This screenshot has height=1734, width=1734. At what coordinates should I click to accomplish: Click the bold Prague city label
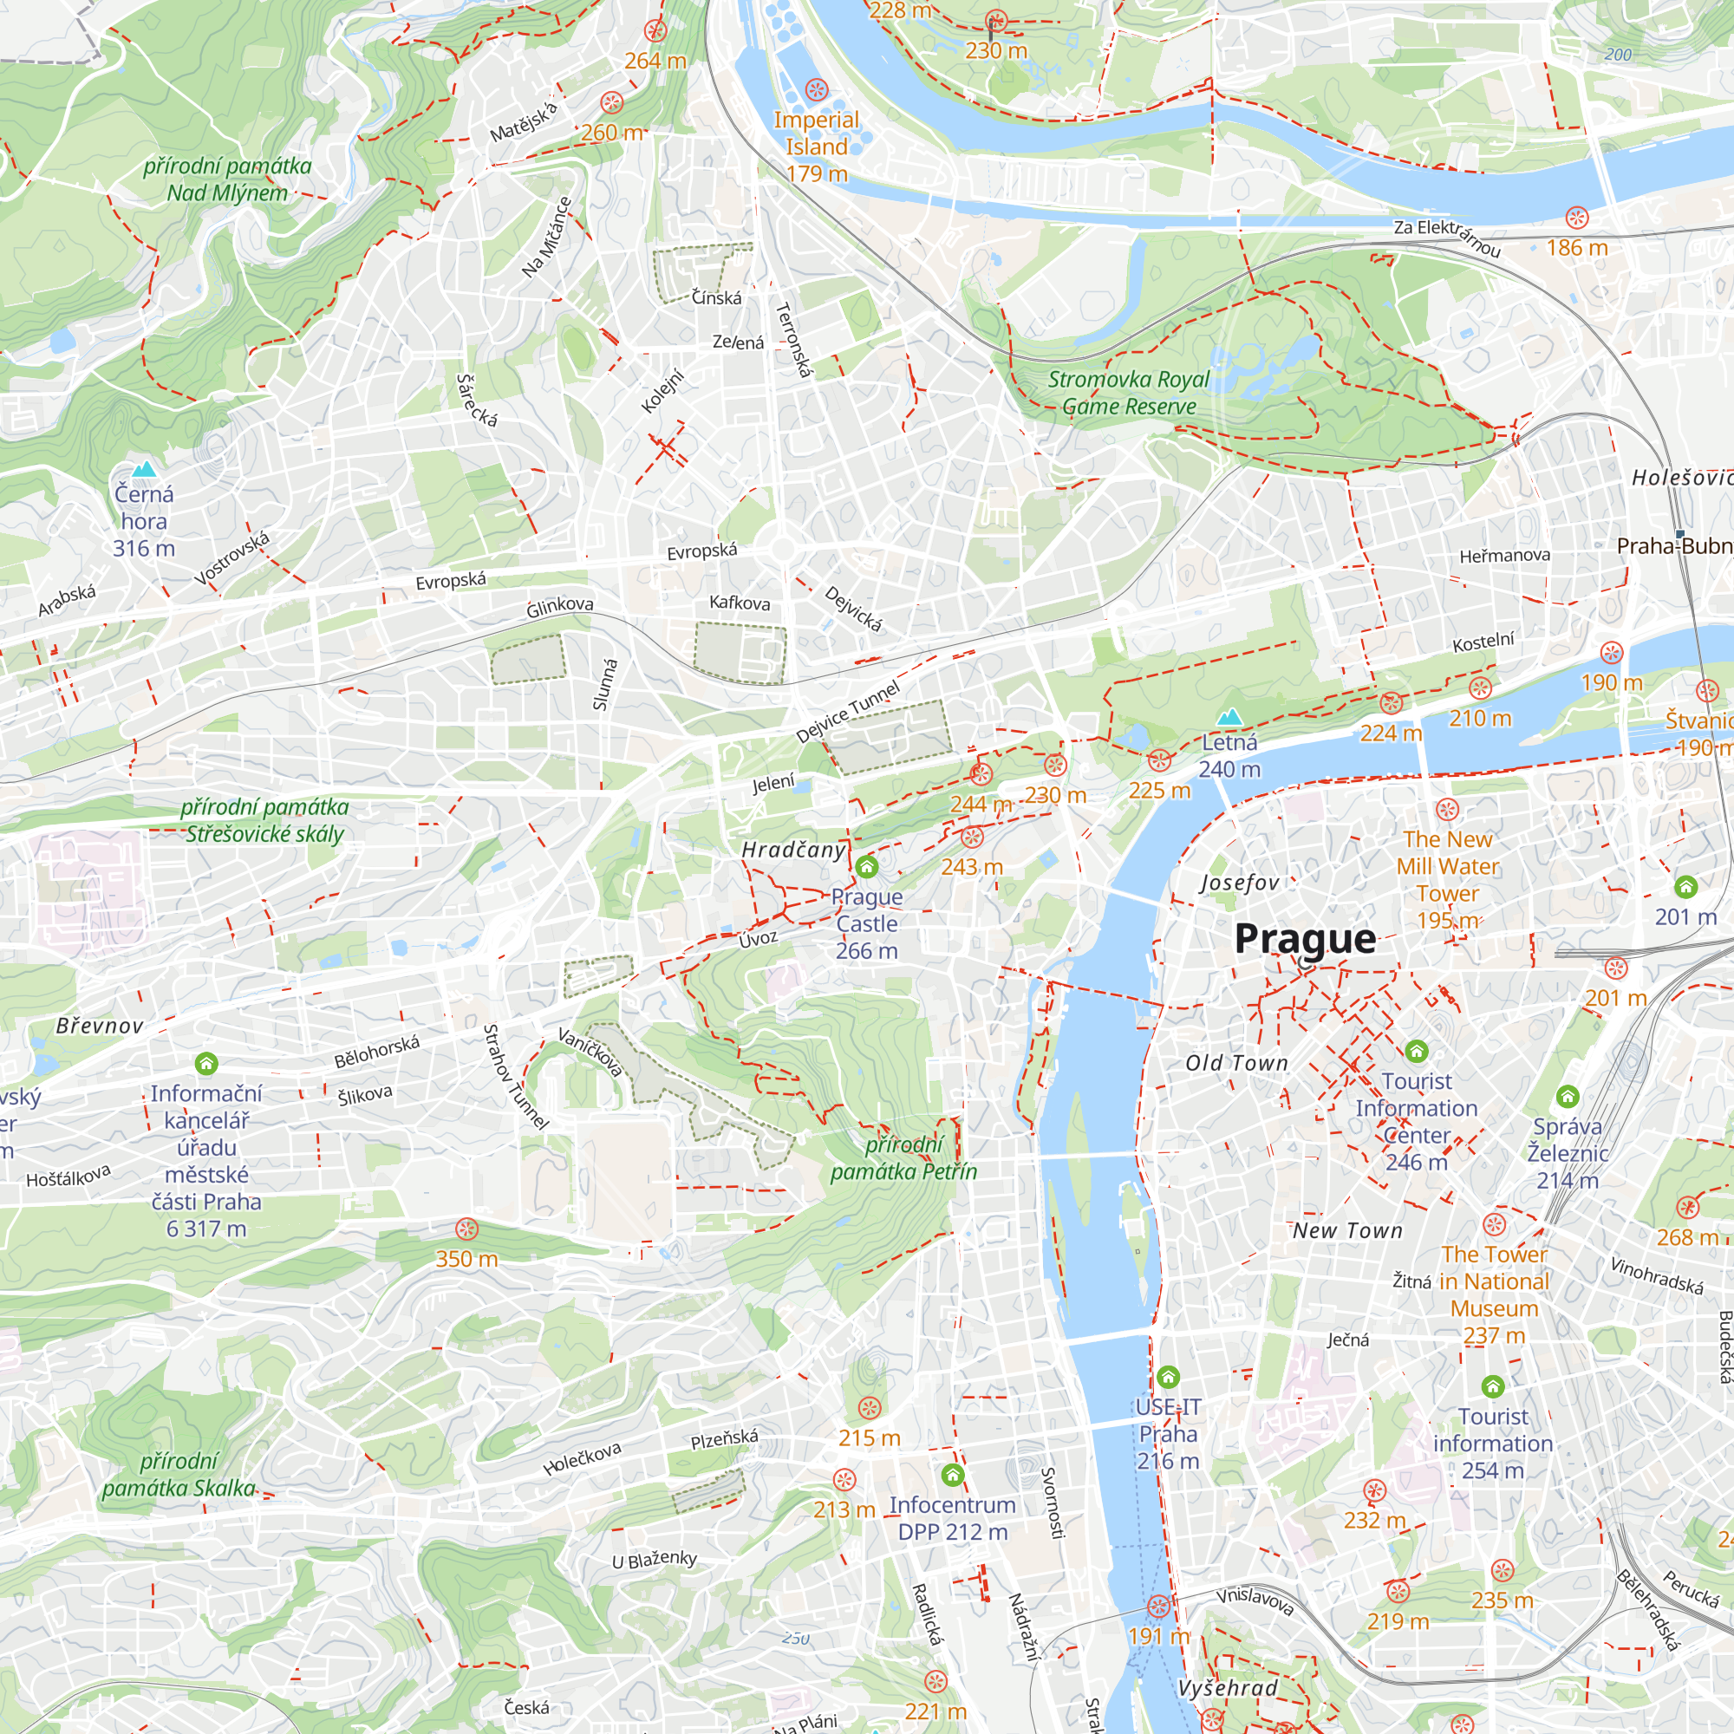pyautogui.click(x=1304, y=939)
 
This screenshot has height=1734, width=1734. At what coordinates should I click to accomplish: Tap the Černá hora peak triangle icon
pyautogui.click(x=144, y=469)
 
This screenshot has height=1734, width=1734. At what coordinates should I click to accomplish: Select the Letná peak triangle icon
pyautogui.click(x=1229, y=717)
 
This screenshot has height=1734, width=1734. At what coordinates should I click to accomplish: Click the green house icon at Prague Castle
pyautogui.click(x=866, y=867)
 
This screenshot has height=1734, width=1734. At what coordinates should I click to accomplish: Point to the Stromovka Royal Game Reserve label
pyautogui.click(x=1128, y=393)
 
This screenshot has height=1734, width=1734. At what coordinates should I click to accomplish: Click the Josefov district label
pyautogui.click(x=1241, y=883)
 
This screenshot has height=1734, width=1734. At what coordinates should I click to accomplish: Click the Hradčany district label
pyautogui.click(x=793, y=850)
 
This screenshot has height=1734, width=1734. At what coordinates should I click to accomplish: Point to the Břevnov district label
pyautogui.click(x=99, y=1026)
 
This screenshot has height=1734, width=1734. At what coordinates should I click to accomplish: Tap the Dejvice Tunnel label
pyautogui.click(x=847, y=713)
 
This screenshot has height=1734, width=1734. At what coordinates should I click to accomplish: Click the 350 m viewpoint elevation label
pyautogui.click(x=466, y=1259)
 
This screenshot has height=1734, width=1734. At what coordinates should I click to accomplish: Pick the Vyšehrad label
pyautogui.click(x=1227, y=1688)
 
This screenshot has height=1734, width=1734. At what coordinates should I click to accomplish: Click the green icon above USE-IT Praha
pyautogui.click(x=1168, y=1377)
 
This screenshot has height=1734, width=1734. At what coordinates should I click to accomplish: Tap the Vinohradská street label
pyautogui.click(x=1656, y=1275)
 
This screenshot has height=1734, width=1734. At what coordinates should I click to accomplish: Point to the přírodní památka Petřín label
pyautogui.click(x=903, y=1157)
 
